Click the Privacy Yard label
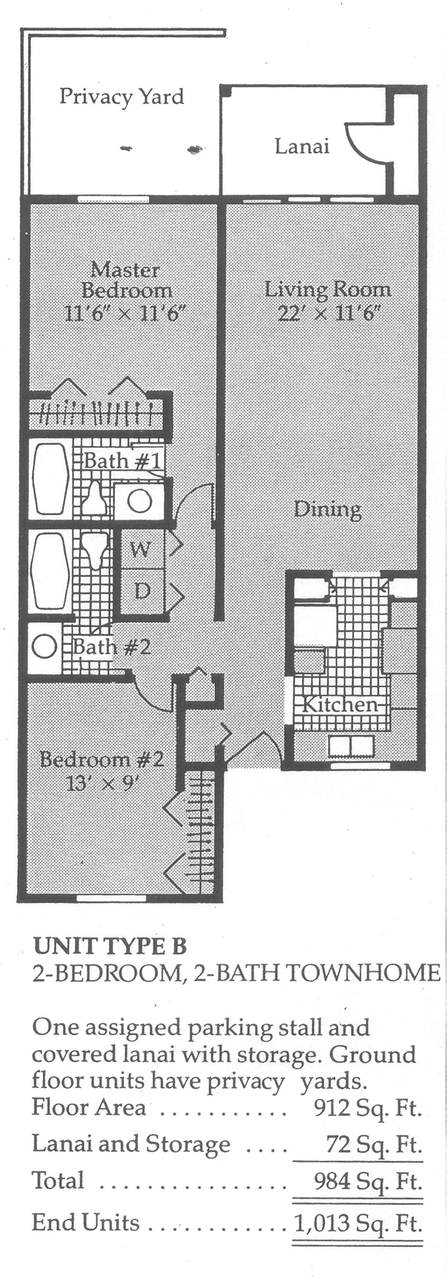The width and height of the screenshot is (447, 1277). (x=122, y=97)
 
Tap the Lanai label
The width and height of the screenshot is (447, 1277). (x=302, y=147)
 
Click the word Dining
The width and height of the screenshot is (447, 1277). (x=328, y=510)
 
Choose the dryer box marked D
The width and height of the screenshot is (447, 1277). (x=142, y=591)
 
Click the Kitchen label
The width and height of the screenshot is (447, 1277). (x=340, y=704)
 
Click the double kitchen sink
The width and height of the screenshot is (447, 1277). (x=351, y=746)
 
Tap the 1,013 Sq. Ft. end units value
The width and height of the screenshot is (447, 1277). (x=358, y=1223)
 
